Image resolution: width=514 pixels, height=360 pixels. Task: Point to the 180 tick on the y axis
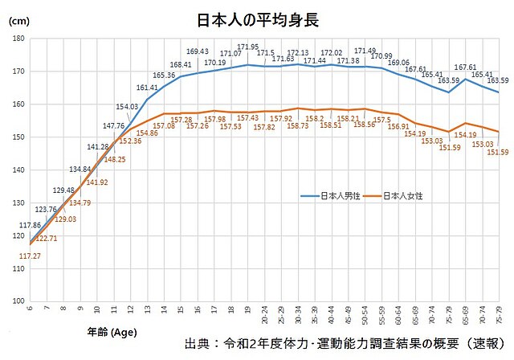coord(18,39)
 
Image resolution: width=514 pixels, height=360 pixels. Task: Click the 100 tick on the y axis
coord(18,301)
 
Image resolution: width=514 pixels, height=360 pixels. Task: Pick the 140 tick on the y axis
coord(18,170)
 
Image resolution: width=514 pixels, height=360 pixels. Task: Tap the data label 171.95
coord(247,47)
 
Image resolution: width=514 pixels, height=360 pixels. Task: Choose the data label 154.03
coord(127,106)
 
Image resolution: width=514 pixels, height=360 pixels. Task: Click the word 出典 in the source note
coord(198,342)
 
